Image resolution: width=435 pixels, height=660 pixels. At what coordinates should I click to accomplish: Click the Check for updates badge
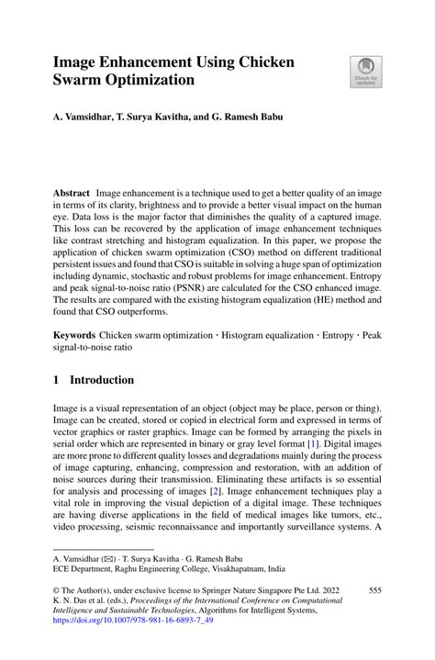[x=366, y=72]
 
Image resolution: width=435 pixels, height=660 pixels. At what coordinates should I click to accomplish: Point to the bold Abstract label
[x=70, y=193]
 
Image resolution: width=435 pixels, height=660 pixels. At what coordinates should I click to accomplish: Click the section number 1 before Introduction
[x=57, y=380]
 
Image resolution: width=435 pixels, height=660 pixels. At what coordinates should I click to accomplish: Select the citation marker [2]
[x=241, y=491]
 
